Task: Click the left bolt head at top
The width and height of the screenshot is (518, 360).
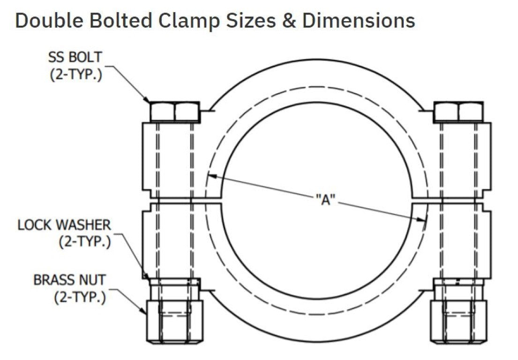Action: [x=174, y=112]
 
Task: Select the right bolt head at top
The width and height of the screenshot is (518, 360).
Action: [x=458, y=112]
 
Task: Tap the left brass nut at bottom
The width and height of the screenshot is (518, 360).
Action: [x=174, y=321]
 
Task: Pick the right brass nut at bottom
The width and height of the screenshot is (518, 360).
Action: [x=458, y=321]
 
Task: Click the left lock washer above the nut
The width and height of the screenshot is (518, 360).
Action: [x=174, y=282]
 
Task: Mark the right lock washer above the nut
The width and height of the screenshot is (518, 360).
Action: [x=458, y=282]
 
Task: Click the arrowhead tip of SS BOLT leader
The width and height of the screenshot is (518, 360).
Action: [x=150, y=102]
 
